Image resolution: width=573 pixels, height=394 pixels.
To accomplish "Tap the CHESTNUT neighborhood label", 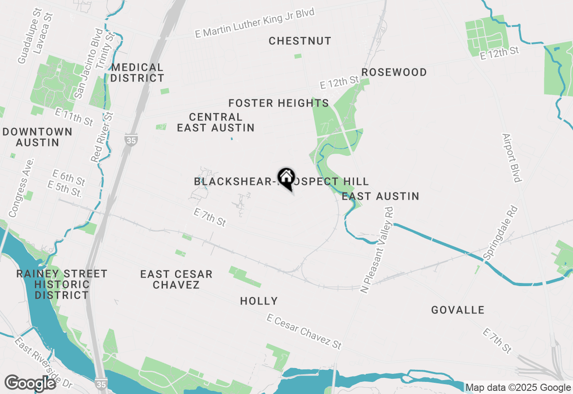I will click(300, 41).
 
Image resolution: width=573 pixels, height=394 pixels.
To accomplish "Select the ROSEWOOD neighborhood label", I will click(394, 73).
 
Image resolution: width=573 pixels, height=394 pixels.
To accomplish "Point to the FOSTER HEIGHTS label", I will click(278, 103).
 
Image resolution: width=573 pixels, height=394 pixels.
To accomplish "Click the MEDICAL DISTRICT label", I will click(137, 73).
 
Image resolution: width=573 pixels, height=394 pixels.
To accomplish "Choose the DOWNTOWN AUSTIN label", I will click(37, 137).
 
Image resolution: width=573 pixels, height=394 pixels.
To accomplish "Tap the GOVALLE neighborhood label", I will click(458, 310).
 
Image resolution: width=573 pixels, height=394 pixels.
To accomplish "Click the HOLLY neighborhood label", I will click(259, 301).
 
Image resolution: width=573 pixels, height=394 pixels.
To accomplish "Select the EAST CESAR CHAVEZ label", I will click(176, 279).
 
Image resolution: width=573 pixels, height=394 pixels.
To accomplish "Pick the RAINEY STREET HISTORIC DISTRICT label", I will click(62, 284).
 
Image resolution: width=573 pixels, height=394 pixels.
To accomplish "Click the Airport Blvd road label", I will click(512, 158).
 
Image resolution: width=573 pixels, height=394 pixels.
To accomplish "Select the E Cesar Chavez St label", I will click(304, 331).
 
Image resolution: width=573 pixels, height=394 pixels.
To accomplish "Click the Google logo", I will click(30, 383).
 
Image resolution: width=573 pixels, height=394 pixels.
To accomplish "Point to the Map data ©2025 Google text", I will click(518, 388).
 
